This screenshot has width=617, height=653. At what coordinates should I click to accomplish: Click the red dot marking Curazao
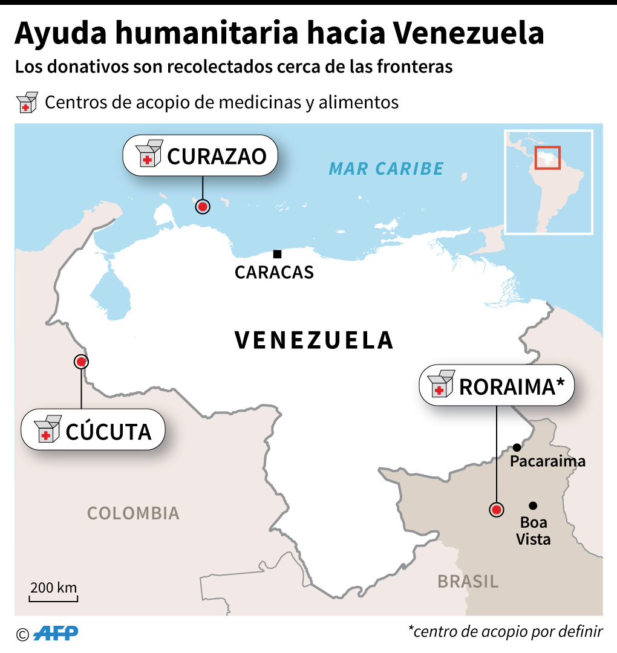(203, 207)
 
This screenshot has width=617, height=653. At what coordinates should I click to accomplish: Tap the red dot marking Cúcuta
(81, 362)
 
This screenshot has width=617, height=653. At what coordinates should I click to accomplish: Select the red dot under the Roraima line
(497, 510)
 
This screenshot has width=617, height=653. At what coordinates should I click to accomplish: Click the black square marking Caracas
(277, 254)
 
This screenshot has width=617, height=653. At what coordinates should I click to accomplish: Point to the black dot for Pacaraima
(517, 447)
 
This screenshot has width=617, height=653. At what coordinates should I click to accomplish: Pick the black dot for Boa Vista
(533, 505)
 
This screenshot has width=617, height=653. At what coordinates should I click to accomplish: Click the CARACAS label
(274, 273)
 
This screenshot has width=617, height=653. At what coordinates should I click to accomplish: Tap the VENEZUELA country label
(314, 340)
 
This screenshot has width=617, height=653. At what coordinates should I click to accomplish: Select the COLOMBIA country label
(133, 513)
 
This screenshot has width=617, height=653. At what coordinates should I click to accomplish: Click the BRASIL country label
(468, 582)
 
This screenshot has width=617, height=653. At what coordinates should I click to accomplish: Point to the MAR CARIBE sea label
(386, 169)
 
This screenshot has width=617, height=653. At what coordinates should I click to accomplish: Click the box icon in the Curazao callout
(149, 154)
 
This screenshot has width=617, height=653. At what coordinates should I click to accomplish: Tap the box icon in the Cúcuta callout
(48, 429)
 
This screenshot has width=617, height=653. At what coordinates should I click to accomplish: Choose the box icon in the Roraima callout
(440, 385)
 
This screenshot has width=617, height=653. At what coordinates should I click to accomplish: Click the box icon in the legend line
(27, 102)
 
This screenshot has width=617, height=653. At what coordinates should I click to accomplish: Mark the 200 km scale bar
(53, 599)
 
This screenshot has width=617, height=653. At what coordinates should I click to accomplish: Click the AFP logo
(56, 634)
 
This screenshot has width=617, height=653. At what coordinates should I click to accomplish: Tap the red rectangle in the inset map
(547, 158)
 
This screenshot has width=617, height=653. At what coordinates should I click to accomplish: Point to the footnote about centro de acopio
(505, 632)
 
